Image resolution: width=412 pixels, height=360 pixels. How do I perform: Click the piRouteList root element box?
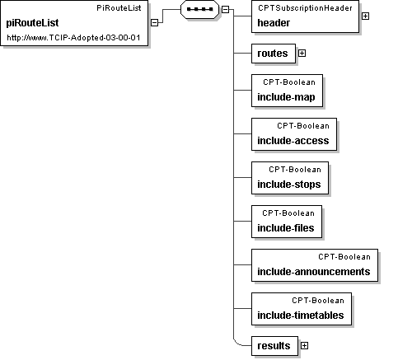pyautogui.click(x=74, y=23)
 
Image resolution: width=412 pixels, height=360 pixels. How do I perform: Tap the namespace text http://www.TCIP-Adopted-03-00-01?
pyautogui.click(x=73, y=38)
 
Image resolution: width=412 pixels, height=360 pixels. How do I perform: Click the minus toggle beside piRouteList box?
pyautogui.click(x=155, y=22)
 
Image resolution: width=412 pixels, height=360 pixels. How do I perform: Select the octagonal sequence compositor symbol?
pyautogui.click(x=199, y=9)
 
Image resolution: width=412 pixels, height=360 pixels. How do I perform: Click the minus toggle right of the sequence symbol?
pyautogui.click(x=225, y=9)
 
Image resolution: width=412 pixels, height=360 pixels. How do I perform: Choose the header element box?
pyautogui.click(x=305, y=16)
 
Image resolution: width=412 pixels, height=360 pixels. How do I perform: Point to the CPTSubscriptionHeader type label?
pyautogui.click(x=305, y=8)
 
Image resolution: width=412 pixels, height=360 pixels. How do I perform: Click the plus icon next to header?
pyautogui.click(x=365, y=16)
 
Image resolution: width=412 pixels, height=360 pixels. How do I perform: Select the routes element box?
pyautogui.click(x=274, y=54)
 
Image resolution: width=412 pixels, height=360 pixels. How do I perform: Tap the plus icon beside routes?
pyautogui.click(x=302, y=53)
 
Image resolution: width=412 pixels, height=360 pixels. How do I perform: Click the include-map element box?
pyautogui.click(x=287, y=91)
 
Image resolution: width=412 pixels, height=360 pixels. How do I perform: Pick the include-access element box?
pyautogui.click(x=294, y=134)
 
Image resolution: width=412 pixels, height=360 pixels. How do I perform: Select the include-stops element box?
pyautogui.click(x=290, y=178)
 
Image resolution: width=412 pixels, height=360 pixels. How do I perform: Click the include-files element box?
pyautogui.click(x=287, y=222)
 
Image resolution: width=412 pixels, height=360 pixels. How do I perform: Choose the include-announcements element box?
pyautogui.click(x=315, y=265)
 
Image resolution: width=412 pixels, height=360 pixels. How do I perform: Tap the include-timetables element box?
pyautogui.click(x=302, y=309)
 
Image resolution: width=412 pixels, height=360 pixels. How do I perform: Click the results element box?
pyautogui.click(x=274, y=346)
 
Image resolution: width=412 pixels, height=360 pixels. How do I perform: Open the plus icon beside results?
pyautogui.click(x=304, y=345)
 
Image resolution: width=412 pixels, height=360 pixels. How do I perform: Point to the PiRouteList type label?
pyautogui.click(x=119, y=8)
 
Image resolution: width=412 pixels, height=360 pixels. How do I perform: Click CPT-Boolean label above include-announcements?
pyautogui.click(x=344, y=257)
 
